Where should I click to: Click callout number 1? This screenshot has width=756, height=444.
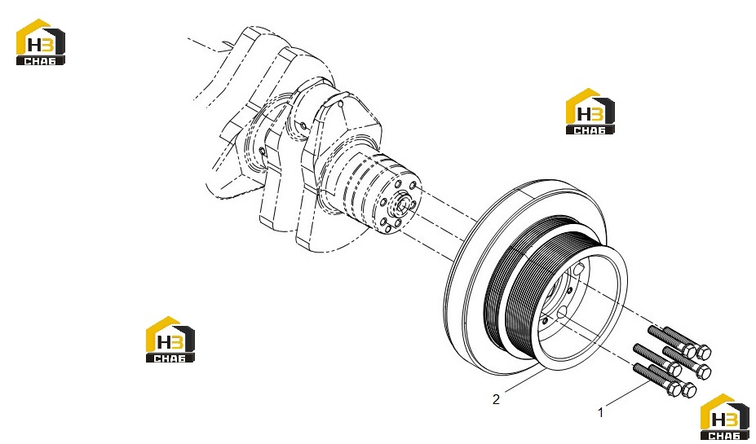[x=600, y=413]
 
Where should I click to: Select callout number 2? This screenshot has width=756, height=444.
[x=496, y=399]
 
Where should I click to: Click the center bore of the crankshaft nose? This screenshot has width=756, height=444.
[x=401, y=204]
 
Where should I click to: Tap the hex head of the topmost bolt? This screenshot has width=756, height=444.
[x=704, y=353]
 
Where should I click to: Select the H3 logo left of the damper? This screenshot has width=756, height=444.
[x=170, y=339]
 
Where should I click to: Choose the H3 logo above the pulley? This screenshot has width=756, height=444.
[x=590, y=112]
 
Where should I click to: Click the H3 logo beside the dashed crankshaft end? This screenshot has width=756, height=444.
[x=41, y=42]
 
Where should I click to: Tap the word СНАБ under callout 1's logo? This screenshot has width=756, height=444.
[x=725, y=435]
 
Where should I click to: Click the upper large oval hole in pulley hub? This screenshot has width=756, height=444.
[x=578, y=269]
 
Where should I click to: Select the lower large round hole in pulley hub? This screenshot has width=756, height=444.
[x=562, y=313]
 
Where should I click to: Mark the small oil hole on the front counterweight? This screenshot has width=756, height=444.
[x=340, y=103]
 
